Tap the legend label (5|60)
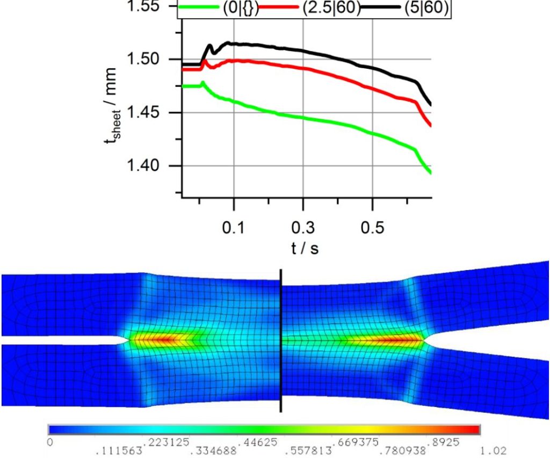(423, 9)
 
